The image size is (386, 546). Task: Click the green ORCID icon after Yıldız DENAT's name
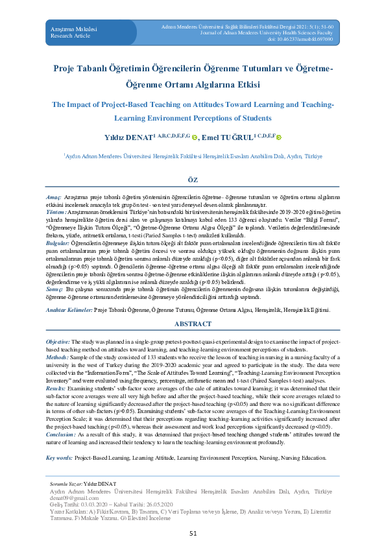(x=194, y=137)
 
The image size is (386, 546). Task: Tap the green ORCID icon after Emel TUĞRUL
(x=281, y=137)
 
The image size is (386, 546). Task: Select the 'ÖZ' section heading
(x=193, y=179)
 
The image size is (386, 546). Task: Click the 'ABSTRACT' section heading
(x=193, y=324)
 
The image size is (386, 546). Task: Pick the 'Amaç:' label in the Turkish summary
(x=53, y=196)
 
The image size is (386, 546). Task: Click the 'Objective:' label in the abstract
(x=58, y=341)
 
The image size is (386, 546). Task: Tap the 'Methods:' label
(x=57, y=357)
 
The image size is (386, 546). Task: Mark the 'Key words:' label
(x=59, y=458)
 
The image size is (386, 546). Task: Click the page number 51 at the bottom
(x=193, y=533)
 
